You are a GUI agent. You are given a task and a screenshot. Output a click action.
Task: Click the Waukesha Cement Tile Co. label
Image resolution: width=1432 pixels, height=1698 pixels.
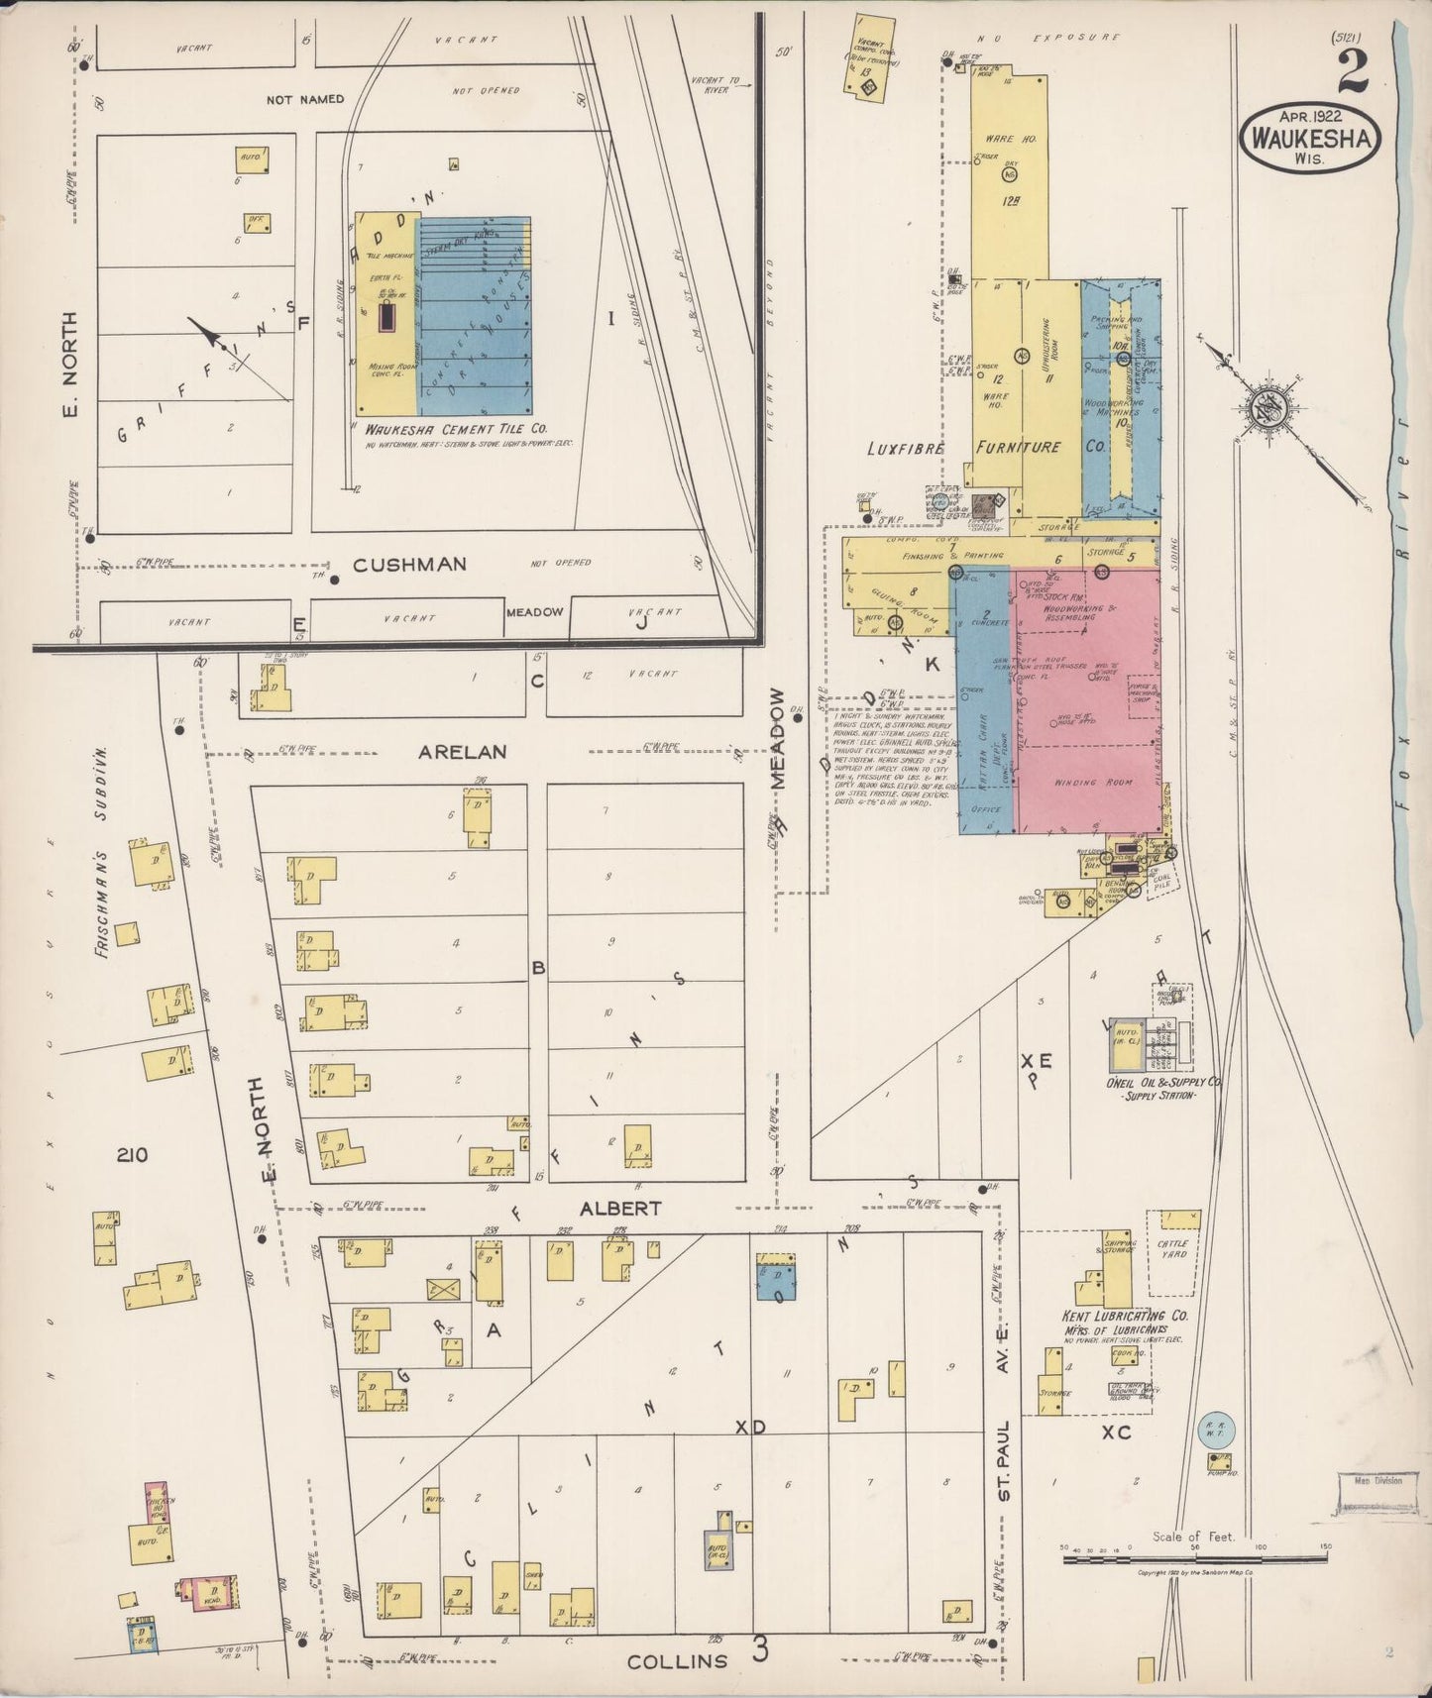tap(456, 430)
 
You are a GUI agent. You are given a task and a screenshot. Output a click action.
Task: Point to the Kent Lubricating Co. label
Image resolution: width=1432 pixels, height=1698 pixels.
tap(1126, 1317)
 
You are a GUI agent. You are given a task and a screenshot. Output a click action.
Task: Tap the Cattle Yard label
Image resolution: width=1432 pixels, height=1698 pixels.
tap(1172, 1249)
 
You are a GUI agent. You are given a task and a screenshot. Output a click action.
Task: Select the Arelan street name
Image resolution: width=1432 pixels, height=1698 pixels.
tap(462, 752)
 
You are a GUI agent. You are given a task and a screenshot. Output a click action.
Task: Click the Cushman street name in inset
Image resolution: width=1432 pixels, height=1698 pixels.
tap(409, 564)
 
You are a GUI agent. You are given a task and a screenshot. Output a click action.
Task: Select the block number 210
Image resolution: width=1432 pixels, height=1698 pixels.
tap(131, 1154)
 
